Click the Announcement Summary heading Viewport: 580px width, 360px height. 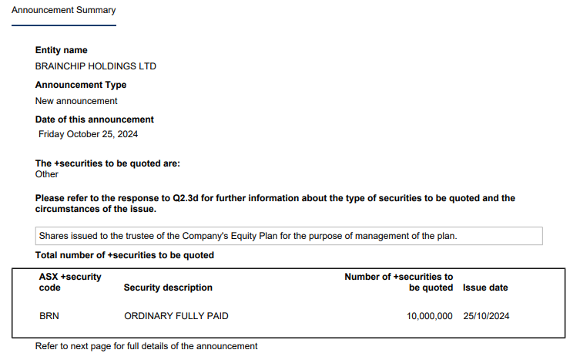63,11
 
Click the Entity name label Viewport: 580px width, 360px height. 62,50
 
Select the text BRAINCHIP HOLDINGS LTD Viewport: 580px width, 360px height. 96,66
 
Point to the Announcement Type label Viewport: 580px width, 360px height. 81,85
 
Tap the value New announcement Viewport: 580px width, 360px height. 76,101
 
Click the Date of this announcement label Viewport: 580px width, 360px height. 95,119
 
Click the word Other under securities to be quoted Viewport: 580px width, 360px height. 47,174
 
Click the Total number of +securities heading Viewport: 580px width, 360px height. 125,255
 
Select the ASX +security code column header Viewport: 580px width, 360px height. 70,282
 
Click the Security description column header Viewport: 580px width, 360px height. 168,288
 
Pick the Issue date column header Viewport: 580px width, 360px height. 485,288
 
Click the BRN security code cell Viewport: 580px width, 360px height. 49,316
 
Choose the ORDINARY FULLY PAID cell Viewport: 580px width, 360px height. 176,316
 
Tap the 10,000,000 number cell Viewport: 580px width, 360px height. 430,316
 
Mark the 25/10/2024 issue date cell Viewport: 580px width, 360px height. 486,316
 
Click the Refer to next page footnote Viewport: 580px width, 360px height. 146,346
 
